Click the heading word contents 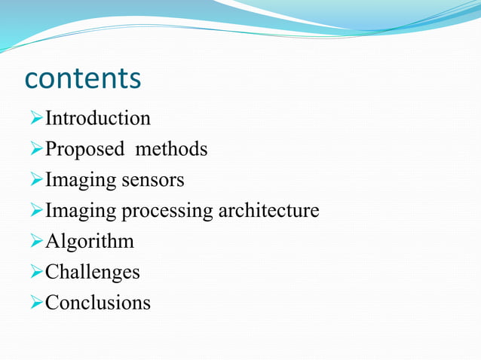[83, 78]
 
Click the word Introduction [98, 118]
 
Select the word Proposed [84, 150]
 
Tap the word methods [171, 149]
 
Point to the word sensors [153, 181]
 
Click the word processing [167, 212]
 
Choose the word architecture [269, 210]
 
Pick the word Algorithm [90, 242]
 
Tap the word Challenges [93, 272]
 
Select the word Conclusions [98, 302]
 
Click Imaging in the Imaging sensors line [81, 181]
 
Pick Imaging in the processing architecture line [81, 212]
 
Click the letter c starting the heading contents [33, 80]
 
